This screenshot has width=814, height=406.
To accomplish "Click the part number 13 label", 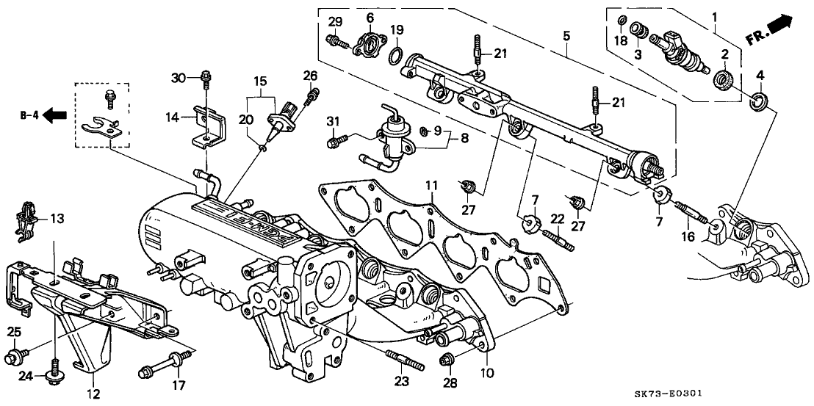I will click(x=56, y=218).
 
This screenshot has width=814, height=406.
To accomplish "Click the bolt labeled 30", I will click(x=206, y=76).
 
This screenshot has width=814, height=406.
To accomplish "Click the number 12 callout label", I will click(x=93, y=394).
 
